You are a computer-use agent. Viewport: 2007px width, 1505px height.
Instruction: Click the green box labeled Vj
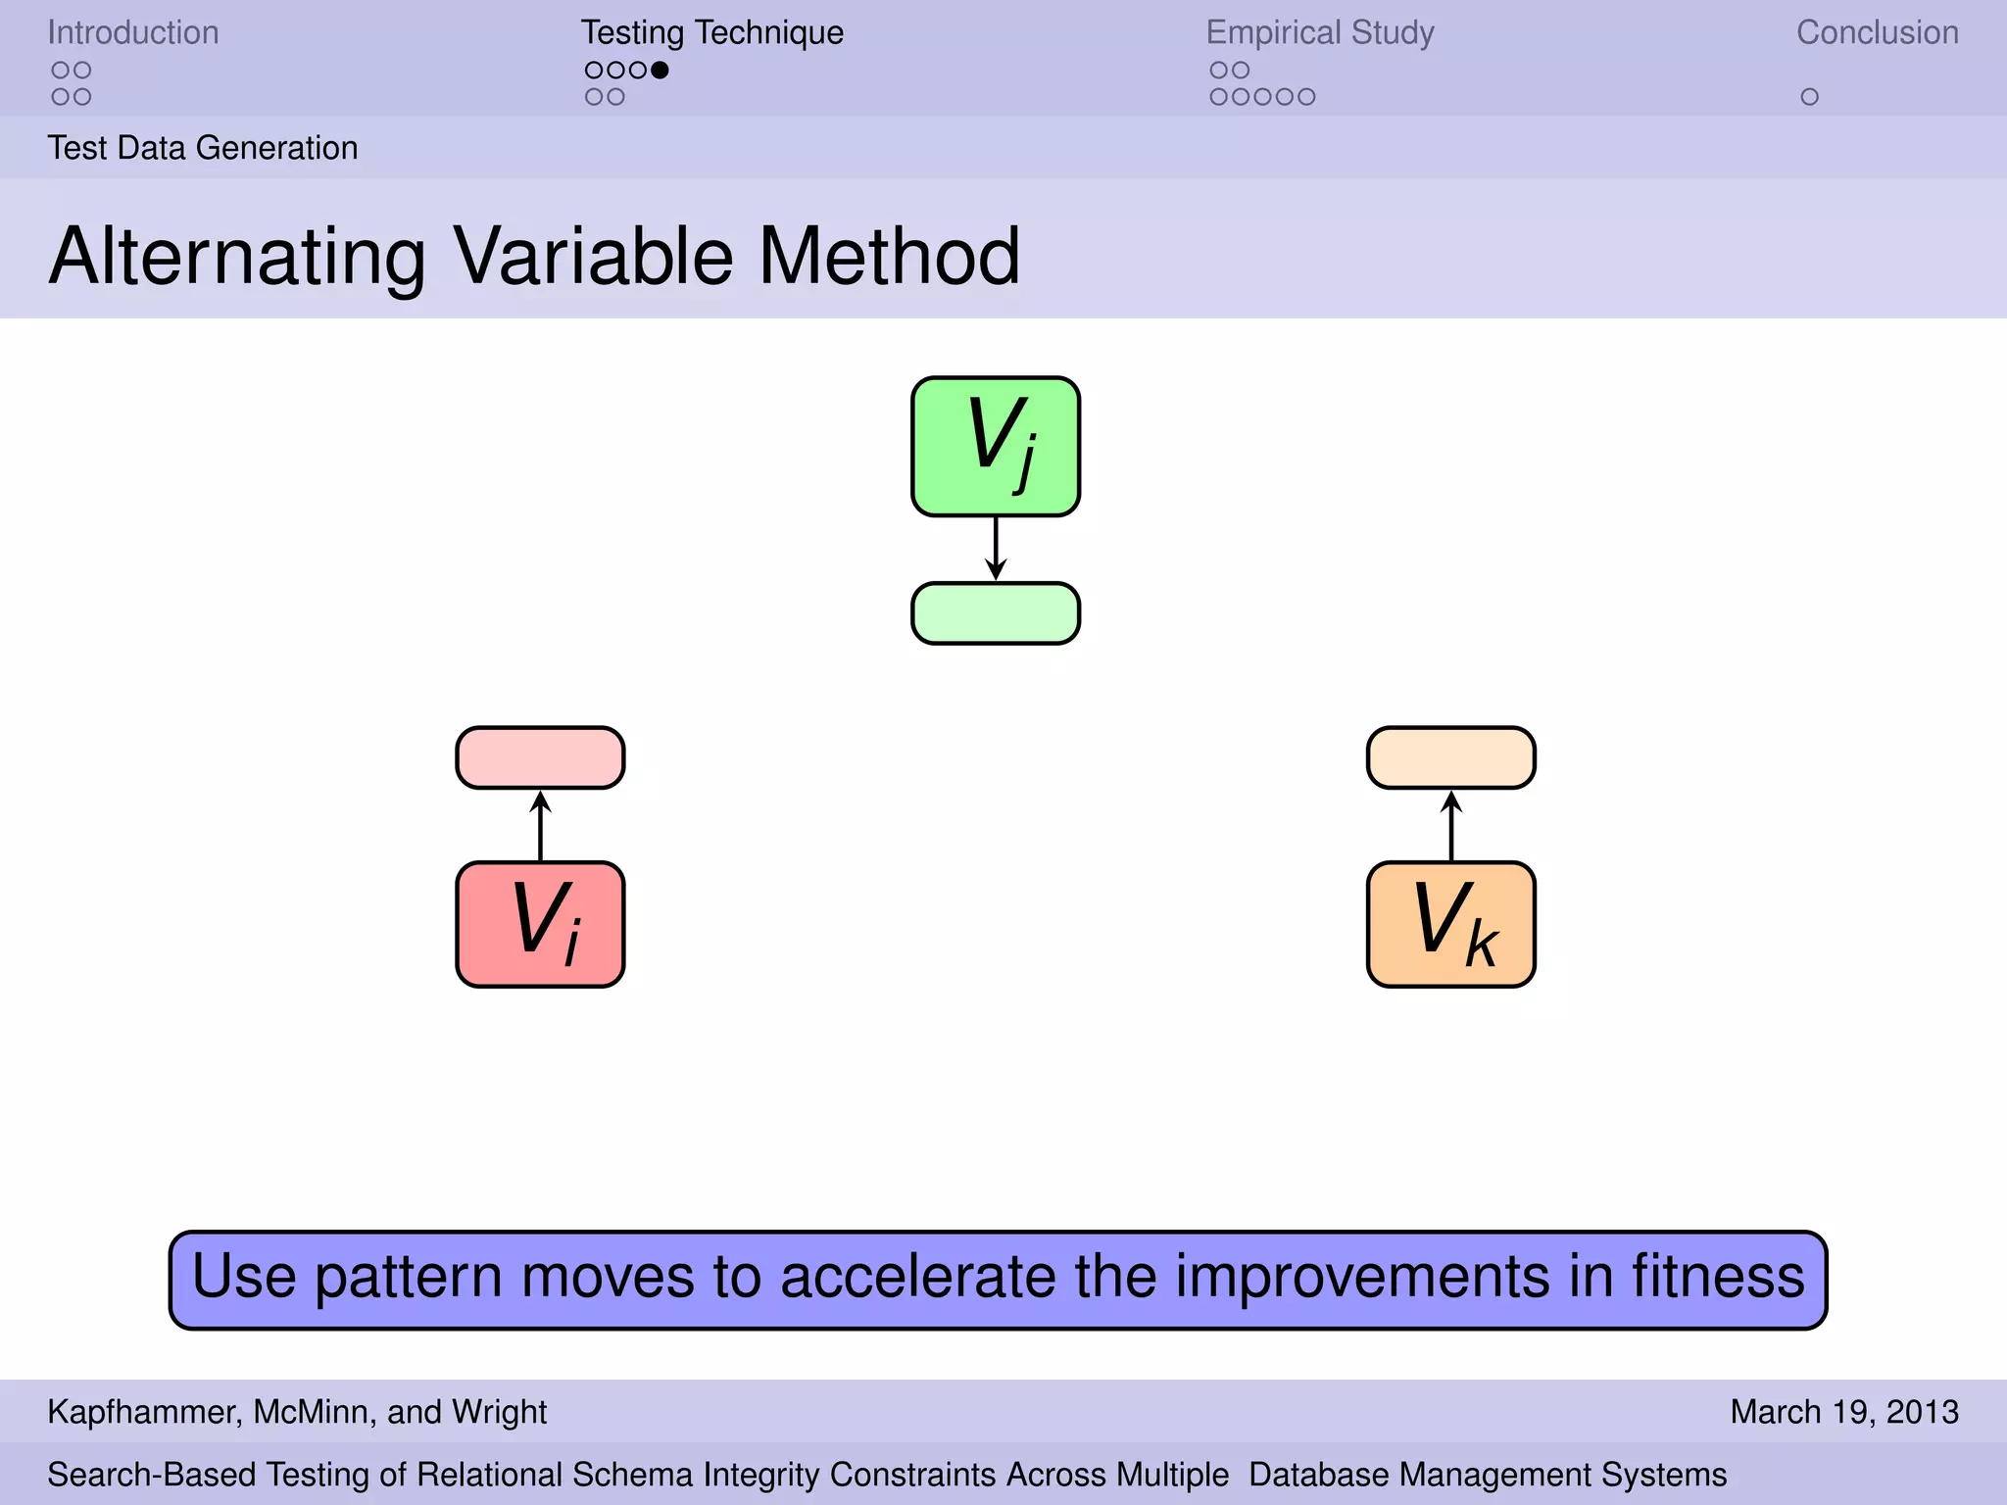996,447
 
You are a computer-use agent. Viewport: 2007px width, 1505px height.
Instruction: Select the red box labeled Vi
540,924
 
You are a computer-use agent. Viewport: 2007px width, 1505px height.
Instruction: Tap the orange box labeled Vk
1450,924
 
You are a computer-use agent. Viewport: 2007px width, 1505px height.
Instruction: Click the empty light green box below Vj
996,613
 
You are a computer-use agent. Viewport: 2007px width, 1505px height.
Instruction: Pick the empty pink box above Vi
540,757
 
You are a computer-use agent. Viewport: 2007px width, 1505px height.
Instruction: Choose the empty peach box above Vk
1450,757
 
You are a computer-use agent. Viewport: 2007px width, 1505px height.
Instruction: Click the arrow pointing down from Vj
996,549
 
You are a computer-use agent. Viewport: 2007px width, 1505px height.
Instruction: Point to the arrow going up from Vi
540,825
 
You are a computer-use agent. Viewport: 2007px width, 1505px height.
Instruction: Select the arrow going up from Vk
1450,825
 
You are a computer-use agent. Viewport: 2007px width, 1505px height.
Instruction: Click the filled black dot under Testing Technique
660,70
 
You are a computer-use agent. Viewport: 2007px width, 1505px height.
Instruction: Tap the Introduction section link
133,32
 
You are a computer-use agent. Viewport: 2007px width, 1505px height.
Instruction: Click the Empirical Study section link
1319,32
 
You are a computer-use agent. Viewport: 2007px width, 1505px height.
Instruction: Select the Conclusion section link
1877,32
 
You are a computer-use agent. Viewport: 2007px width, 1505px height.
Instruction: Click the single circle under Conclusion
1809,97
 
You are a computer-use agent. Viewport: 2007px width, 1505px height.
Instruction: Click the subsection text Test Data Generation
203,148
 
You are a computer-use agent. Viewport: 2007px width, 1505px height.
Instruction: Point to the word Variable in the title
593,257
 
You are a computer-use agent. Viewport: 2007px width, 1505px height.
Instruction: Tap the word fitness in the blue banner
1718,1277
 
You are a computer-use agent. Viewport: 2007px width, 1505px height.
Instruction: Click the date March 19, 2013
1843,1412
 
